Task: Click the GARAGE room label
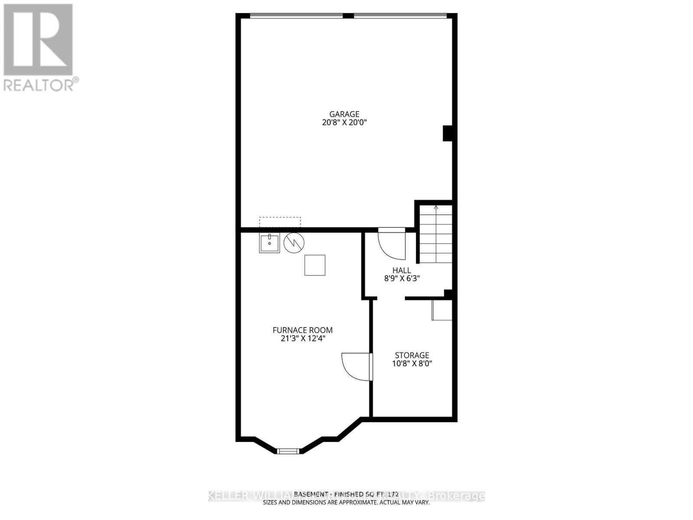[345, 114]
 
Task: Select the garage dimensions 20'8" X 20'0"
[345, 123]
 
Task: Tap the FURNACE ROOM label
[302, 330]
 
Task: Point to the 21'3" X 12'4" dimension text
[302, 338]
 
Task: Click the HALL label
[402, 270]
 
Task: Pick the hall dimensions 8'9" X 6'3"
[402, 279]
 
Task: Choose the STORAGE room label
[412, 355]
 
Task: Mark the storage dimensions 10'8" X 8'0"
[412, 364]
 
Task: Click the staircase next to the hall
[436, 236]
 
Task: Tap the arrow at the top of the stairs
[436, 208]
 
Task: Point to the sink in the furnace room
[269, 243]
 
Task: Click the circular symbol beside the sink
[294, 243]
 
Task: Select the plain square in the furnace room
[315, 265]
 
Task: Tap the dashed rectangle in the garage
[280, 222]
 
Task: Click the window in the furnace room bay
[288, 452]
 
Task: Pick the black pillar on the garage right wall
[447, 133]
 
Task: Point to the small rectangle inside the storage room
[442, 309]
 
